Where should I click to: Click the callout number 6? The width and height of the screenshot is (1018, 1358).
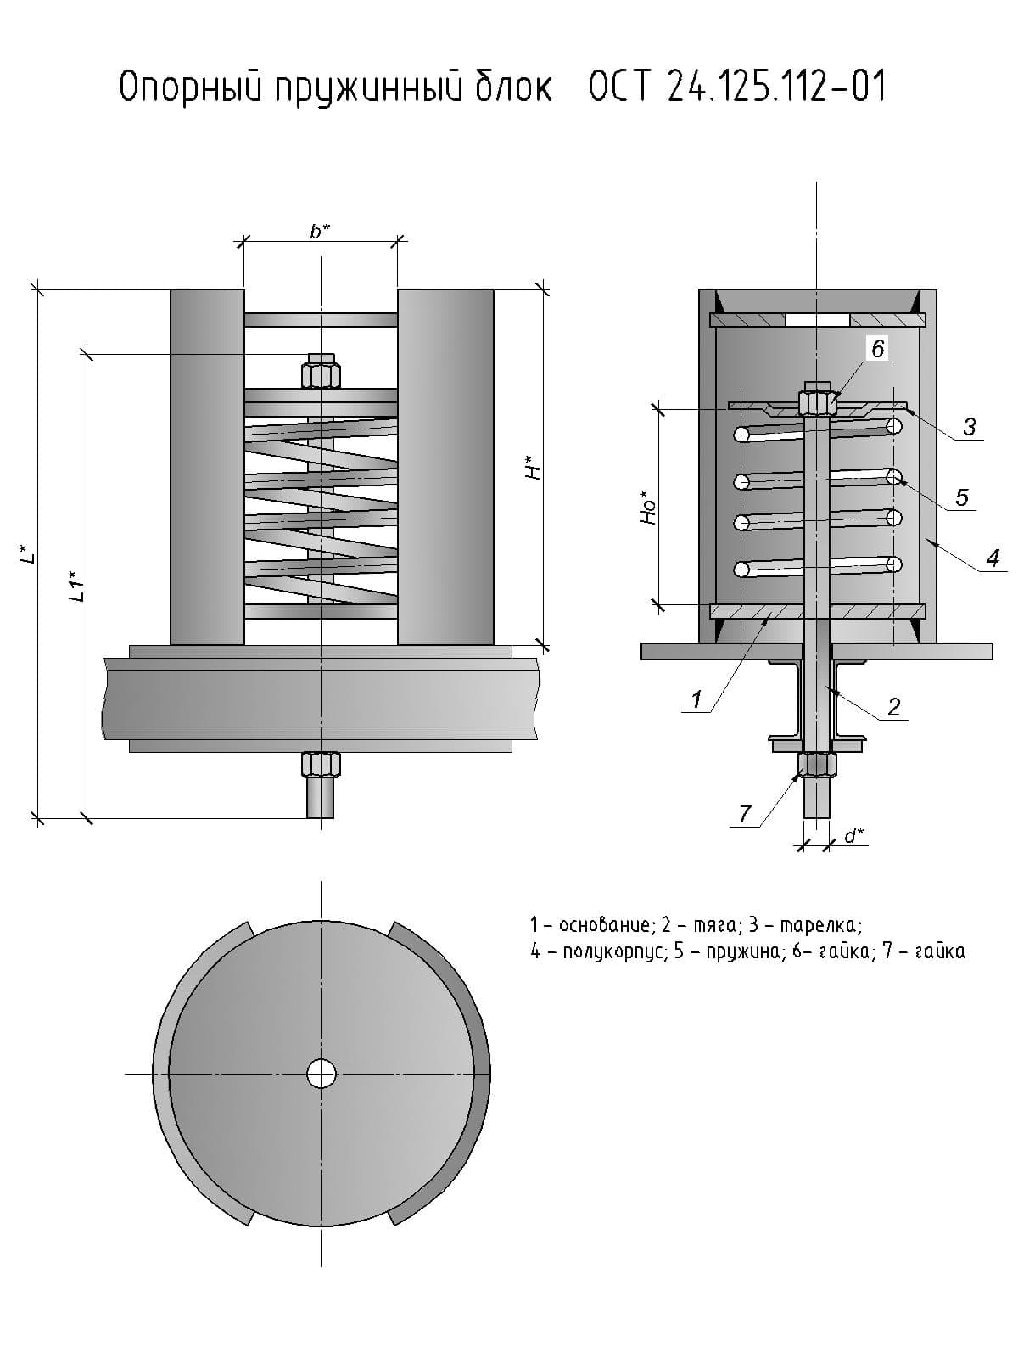point(877,348)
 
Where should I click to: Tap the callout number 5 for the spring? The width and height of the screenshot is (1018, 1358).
point(961,497)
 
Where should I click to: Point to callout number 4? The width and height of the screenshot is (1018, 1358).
point(992,558)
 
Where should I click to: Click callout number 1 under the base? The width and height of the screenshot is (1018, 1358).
point(696,699)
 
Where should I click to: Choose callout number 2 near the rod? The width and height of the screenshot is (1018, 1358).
point(893,706)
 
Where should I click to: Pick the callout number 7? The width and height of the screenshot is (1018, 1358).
point(745,814)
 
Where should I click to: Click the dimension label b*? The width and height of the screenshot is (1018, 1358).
point(320,231)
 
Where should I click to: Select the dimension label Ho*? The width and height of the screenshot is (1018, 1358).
point(649,507)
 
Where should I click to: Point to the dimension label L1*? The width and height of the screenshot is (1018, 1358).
point(76,586)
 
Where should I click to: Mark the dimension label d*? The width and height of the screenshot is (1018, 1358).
point(854,836)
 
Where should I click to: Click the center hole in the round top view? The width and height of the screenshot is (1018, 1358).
point(322,1074)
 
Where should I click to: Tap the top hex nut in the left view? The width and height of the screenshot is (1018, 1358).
point(321,374)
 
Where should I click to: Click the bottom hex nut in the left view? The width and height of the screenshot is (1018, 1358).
point(321,765)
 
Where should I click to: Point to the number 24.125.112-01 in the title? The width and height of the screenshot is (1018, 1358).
point(776,87)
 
